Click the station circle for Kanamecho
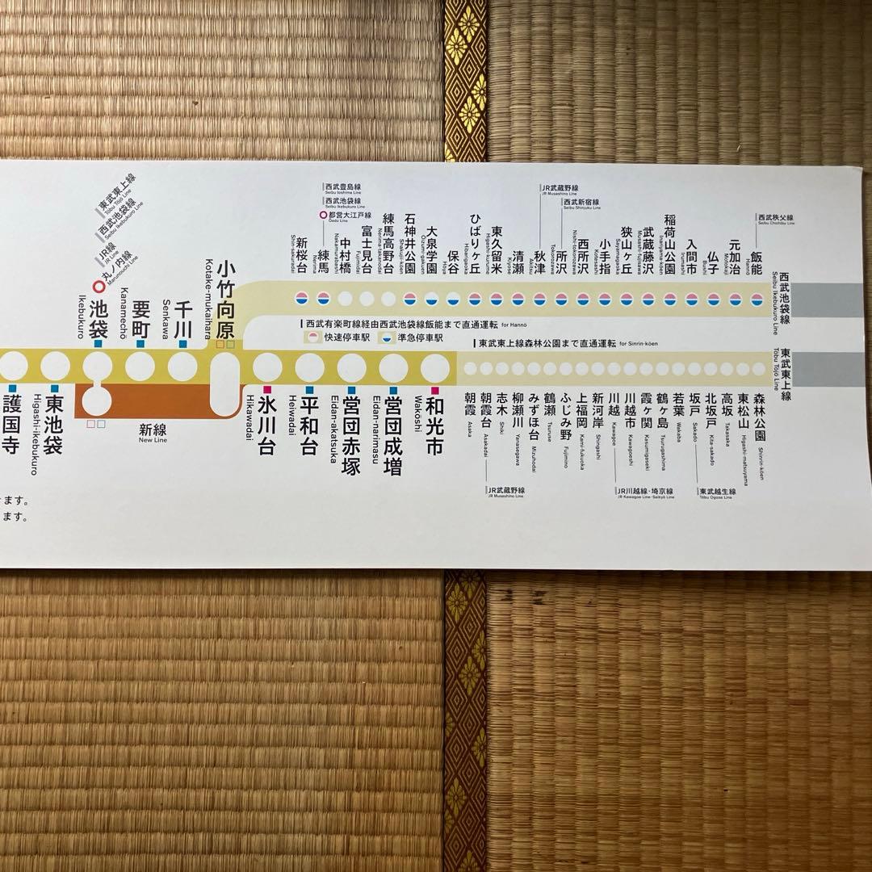140,366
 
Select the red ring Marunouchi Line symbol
99,285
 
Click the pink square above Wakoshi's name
435,390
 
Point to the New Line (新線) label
152,433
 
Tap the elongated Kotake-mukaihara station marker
224,383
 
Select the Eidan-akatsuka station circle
351,367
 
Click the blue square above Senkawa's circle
182,344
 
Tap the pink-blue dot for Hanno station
757,299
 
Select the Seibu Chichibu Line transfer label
775,219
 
